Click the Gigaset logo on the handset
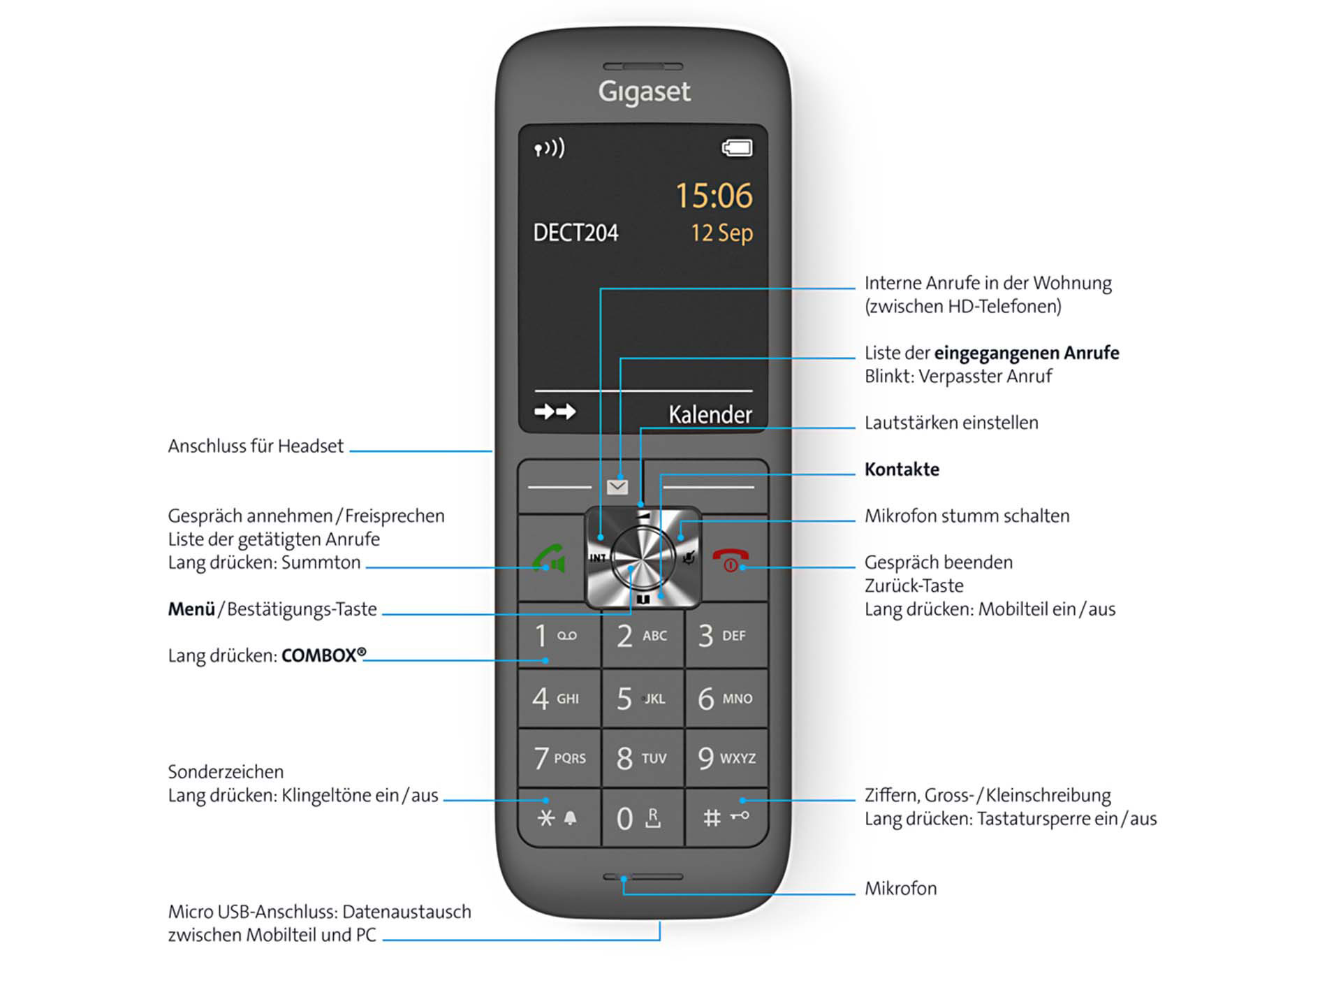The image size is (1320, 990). click(x=644, y=92)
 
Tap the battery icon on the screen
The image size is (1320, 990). click(x=737, y=148)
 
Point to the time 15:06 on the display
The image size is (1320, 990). click(x=714, y=196)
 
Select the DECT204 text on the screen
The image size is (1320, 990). click(x=575, y=233)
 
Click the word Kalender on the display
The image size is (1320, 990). click(x=710, y=414)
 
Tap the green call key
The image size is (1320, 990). click(x=550, y=559)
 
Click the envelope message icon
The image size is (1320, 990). click(x=617, y=487)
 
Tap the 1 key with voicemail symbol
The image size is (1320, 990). click(x=559, y=636)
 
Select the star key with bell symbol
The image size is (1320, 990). click(x=559, y=817)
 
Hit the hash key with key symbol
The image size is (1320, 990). click(x=726, y=817)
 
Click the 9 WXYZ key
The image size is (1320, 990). click(x=726, y=758)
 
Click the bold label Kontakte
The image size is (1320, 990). click(x=902, y=469)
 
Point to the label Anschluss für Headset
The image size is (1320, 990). click(x=256, y=446)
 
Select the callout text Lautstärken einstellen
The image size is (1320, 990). click(x=951, y=423)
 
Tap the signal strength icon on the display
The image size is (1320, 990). click(x=549, y=148)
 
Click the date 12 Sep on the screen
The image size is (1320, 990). click(x=722, y=233)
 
